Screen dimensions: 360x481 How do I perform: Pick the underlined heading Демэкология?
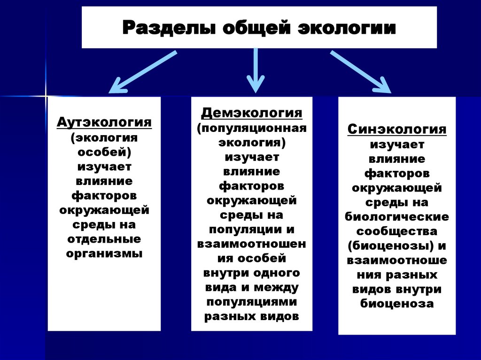252,113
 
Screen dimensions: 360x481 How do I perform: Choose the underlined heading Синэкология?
397,129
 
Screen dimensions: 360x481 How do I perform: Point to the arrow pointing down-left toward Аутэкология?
141,72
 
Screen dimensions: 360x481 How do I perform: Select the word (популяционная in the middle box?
252,128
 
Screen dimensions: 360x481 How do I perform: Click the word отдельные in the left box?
104,239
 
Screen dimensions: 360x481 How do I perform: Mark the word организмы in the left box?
104,253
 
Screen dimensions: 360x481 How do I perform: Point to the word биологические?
397,217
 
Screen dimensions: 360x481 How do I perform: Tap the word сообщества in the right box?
397,231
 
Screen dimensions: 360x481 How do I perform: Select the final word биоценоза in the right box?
397,304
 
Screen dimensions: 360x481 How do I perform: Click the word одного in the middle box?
277,272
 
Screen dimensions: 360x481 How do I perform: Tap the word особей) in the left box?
104,152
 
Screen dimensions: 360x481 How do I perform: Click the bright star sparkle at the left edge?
47,96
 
